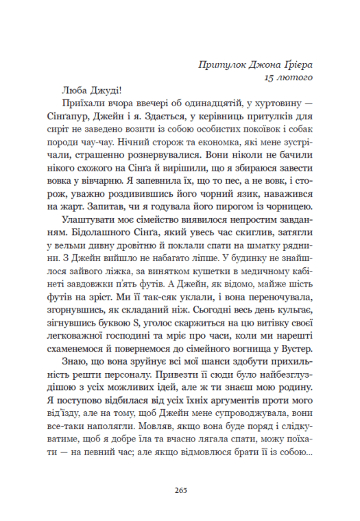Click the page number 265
(x=181, y=490)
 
